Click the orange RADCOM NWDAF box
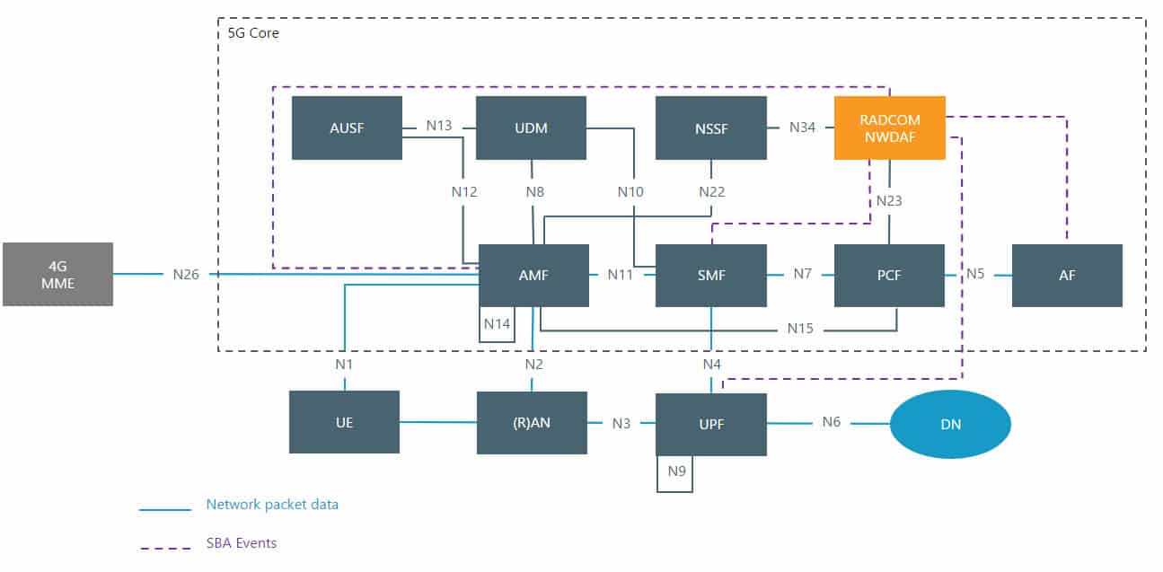pyautogui.click(x=889, y=128)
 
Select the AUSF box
pyautogui.click(x=347, y=128)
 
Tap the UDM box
pyautogui.click(x=531, y=128)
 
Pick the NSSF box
pyautogui.click(x=711, y=128)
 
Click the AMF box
pyautogui.click(x=533, y=275)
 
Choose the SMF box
pyautogui.click(x=711, y=275)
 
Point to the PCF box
pyautogui.click(x=889, y=275)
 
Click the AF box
pyautogui.click(x=1067, y=275)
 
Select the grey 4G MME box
pyautogui.click(x=57, y=274)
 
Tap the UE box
pyautogui.click(x=344, y=422)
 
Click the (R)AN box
pyautogui.click(x=531, y=422)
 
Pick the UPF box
pyautogui.click(x=711, y=424)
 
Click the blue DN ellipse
pyautogui.click(x=950, y=424)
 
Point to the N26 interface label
pyautogui.click(x=186, y=274)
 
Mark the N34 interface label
pyautogui.click(x=802, y=128)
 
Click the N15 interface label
pyautogui.click(x=799, y=329)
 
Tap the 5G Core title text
pyautogui.click(x=253, y=33)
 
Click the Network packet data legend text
pyautogui.click(x=272, y=505)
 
